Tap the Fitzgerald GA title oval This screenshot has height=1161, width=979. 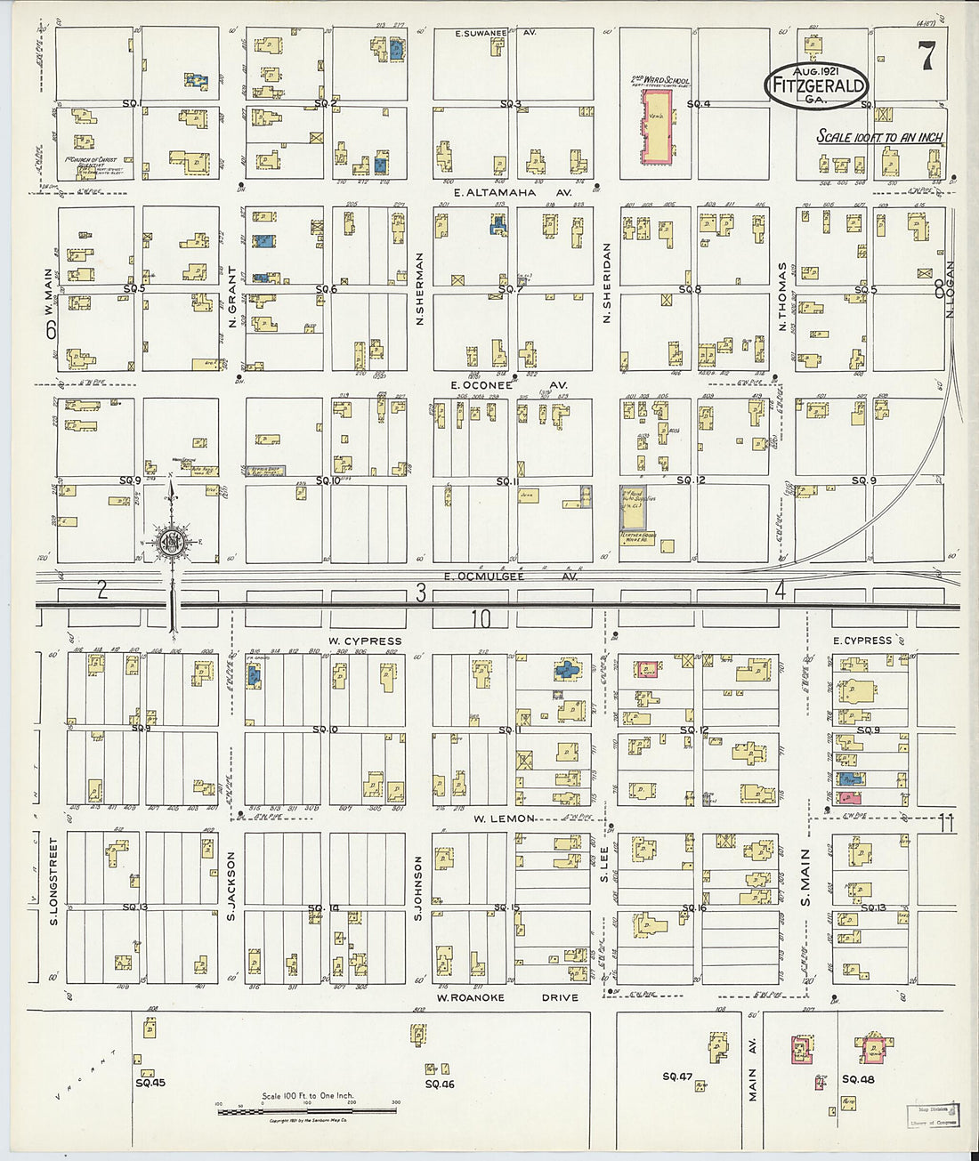pyautogui.click(x=816, y=85)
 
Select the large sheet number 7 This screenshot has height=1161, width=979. pyautogui.click(x=926, y=57)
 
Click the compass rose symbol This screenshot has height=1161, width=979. pyautogui.click(x=171, y=543)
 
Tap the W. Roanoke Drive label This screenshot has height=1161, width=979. pyautogui.click(x=506, y=997)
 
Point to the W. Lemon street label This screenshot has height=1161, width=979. pyautogui.click(x=504, y=818)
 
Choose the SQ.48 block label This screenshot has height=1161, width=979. pyautogui.click(x=858, y=1079)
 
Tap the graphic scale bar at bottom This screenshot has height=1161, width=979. pyautogui.click(x=307, y=1110)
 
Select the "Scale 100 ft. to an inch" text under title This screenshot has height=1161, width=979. pyautogui.click(x=879, y=137)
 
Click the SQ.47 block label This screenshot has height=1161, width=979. pyautogui.click(x=677, y=1076)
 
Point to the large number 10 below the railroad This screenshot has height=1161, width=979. pyautogui.click(x=481, y=619)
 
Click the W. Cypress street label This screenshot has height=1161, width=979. pyautogui.click(x=364, y=641)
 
